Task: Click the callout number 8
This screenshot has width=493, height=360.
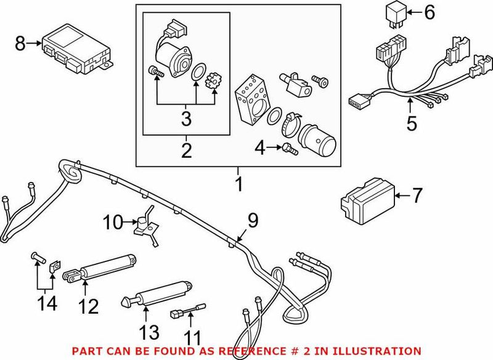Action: pos(20,43)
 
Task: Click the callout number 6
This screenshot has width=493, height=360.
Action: pos(430,12)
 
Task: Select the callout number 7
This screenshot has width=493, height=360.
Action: pos(417,196)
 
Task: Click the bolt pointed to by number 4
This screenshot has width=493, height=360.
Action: pos(290,147)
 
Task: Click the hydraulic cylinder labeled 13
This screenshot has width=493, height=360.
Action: pos(157,292)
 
